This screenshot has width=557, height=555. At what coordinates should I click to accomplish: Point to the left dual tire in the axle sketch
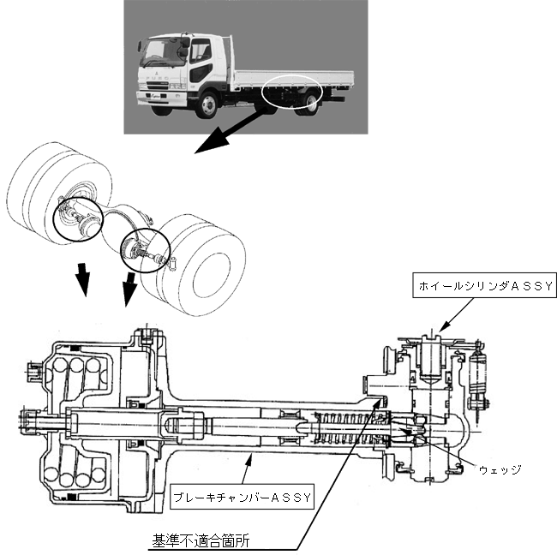(x=56, y=188)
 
